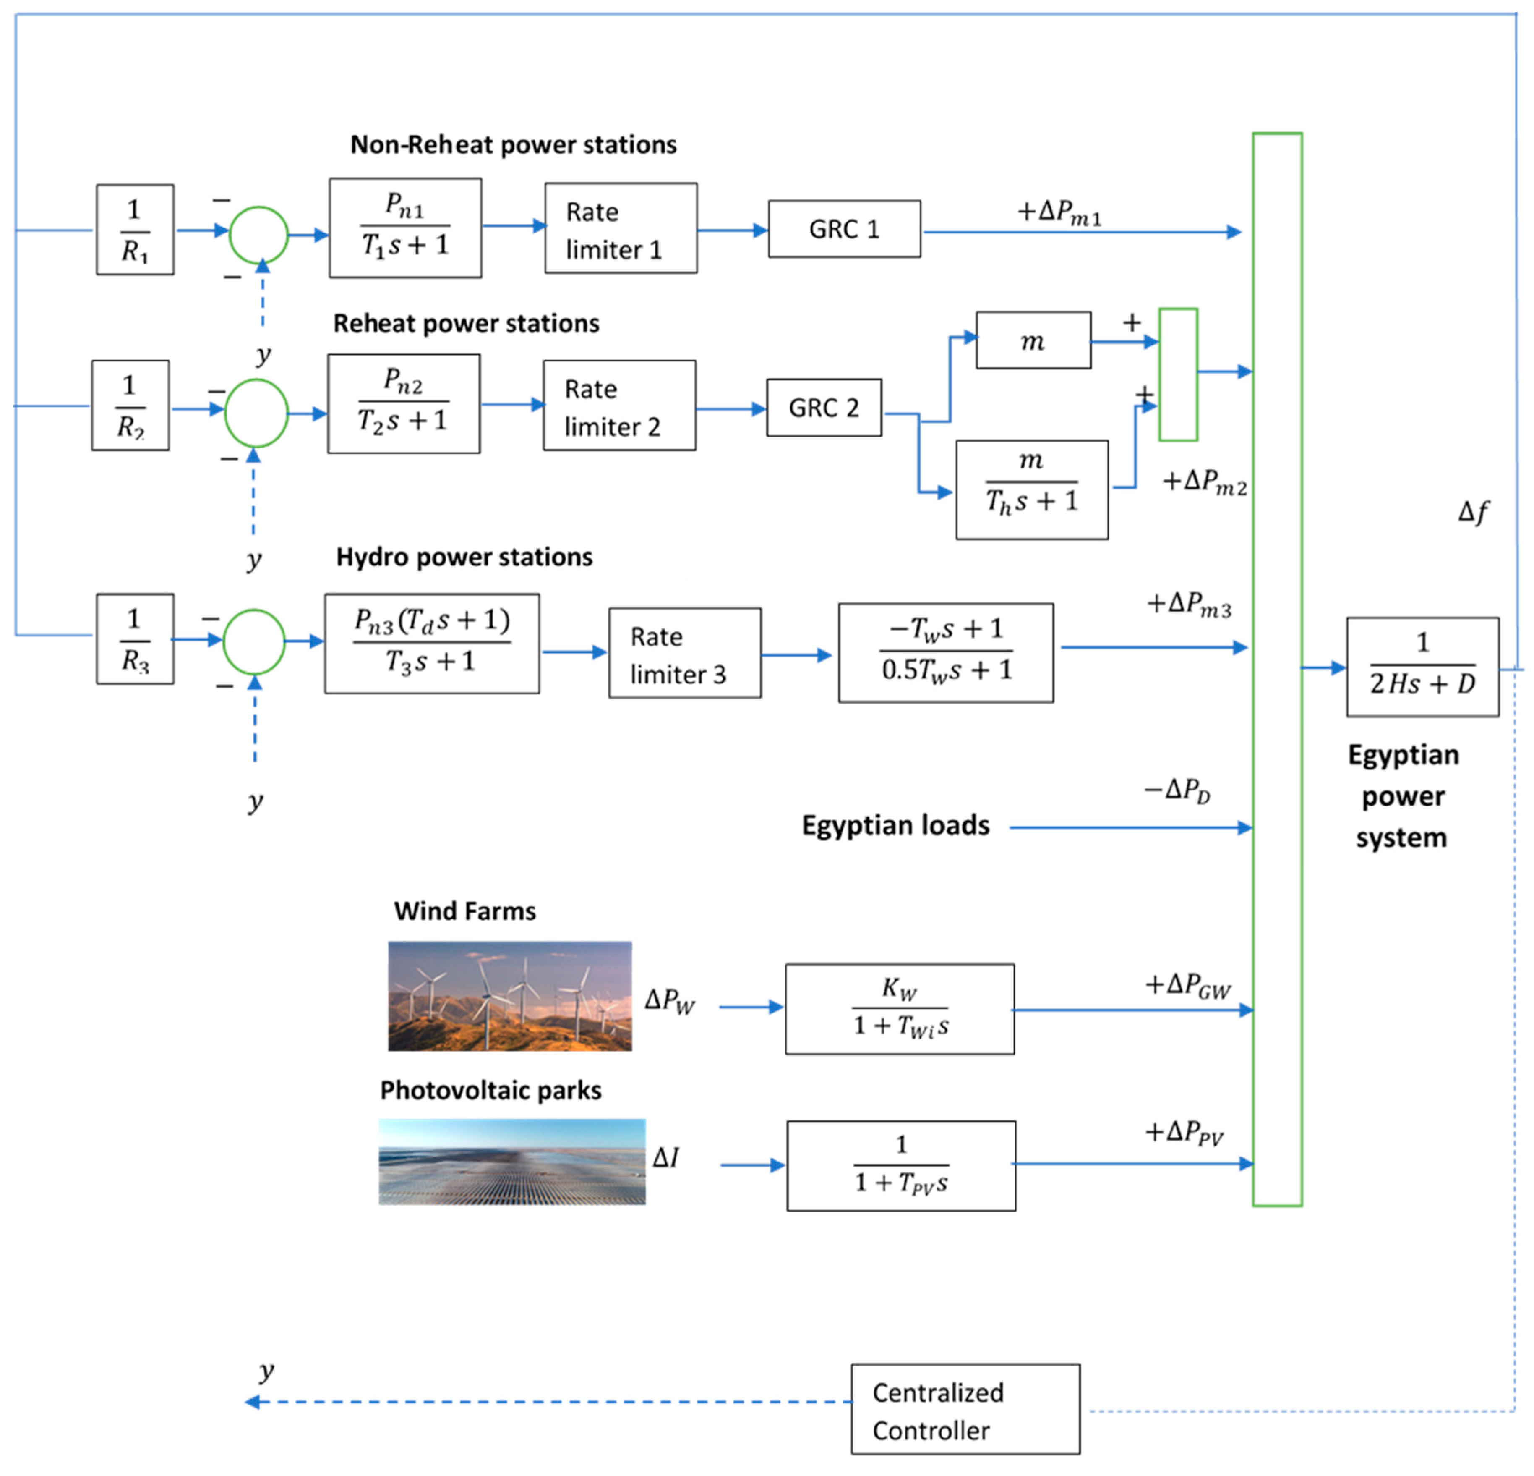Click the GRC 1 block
point(844,229)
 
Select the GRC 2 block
point(823,407)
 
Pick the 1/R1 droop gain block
point(135,230)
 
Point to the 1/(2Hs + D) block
point(1422,666)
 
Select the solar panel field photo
point(512,1161)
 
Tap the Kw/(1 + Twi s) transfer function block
point(899,1008)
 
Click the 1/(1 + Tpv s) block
point(901,1165)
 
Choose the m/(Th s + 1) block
point(1031,489)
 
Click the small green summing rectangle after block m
point(1178,374)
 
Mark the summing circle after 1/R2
point(256,413)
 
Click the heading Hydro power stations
point(464,557)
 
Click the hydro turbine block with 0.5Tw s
point(945,652)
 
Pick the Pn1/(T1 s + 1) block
point(404,228)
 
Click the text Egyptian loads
point(895,825)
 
